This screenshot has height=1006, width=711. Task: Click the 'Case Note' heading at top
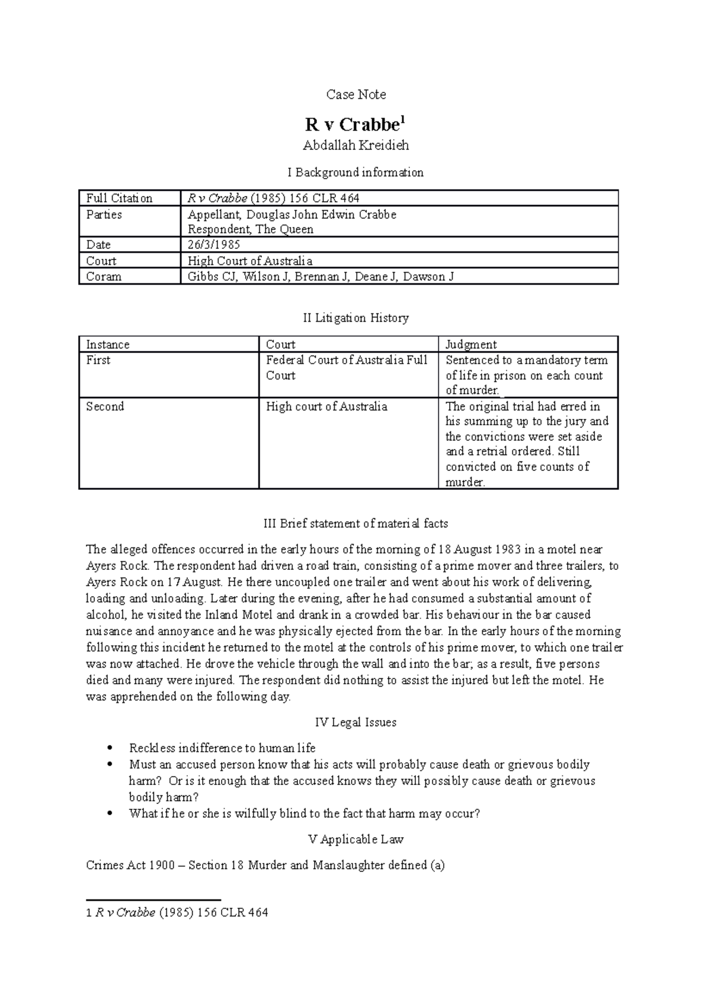point(355,95)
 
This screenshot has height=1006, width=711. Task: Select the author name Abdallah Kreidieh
point(355,145)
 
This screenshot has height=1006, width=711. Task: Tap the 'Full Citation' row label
point(119,198)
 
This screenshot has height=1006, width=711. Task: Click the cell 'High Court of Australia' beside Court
point(249,261)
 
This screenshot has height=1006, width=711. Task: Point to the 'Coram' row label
point(104,277)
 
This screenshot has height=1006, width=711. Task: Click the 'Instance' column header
point(108,344)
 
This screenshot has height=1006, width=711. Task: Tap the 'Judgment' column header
point(471,344)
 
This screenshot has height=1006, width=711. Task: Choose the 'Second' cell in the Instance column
point(105,406)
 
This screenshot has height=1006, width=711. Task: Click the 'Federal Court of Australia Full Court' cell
point(347,367)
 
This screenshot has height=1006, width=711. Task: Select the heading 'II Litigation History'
point(355,318)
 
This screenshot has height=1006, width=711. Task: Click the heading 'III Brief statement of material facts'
point(355,524)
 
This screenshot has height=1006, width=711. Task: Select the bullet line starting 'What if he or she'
point(304,813)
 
